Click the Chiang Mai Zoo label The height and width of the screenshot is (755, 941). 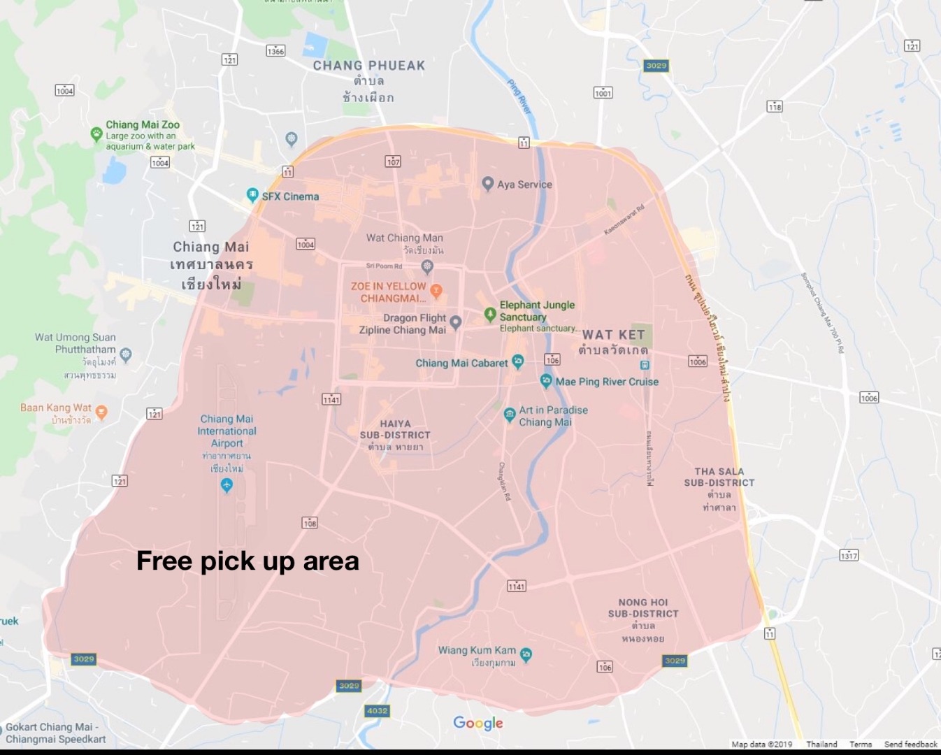(x=143, y=125)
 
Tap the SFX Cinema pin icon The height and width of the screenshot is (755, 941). (x=252, y=196)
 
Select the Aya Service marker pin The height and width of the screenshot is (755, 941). (x=488, y=184)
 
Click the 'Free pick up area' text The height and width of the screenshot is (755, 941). (x=247, y=561)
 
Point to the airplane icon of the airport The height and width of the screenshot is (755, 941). (x=227, y=484)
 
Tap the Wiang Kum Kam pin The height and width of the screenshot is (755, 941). (x=526, y=654)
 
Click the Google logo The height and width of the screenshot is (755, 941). (x=478, y=723)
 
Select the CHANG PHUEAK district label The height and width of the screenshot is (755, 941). (x=368, y=66)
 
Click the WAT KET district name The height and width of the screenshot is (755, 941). (x=613, y=335)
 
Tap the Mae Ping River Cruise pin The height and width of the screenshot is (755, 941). (x=546, y=381)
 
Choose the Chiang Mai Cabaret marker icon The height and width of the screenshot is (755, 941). (x=517, y=361)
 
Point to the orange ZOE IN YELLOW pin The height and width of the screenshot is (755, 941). (x=436, y=290)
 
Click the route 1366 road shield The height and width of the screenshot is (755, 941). (x=275, y=50)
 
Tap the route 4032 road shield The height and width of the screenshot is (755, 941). (x=377, y=711)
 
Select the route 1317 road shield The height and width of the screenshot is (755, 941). (x=849, y=555)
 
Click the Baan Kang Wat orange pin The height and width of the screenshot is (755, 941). (x=101, y=412)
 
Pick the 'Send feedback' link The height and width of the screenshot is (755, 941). (x=910, y=745)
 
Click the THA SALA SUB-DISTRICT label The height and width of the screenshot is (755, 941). (x=719, y=477)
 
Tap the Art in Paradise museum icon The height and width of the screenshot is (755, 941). (x=510, y=415)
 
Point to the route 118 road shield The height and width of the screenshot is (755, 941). (x=775, y=106)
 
